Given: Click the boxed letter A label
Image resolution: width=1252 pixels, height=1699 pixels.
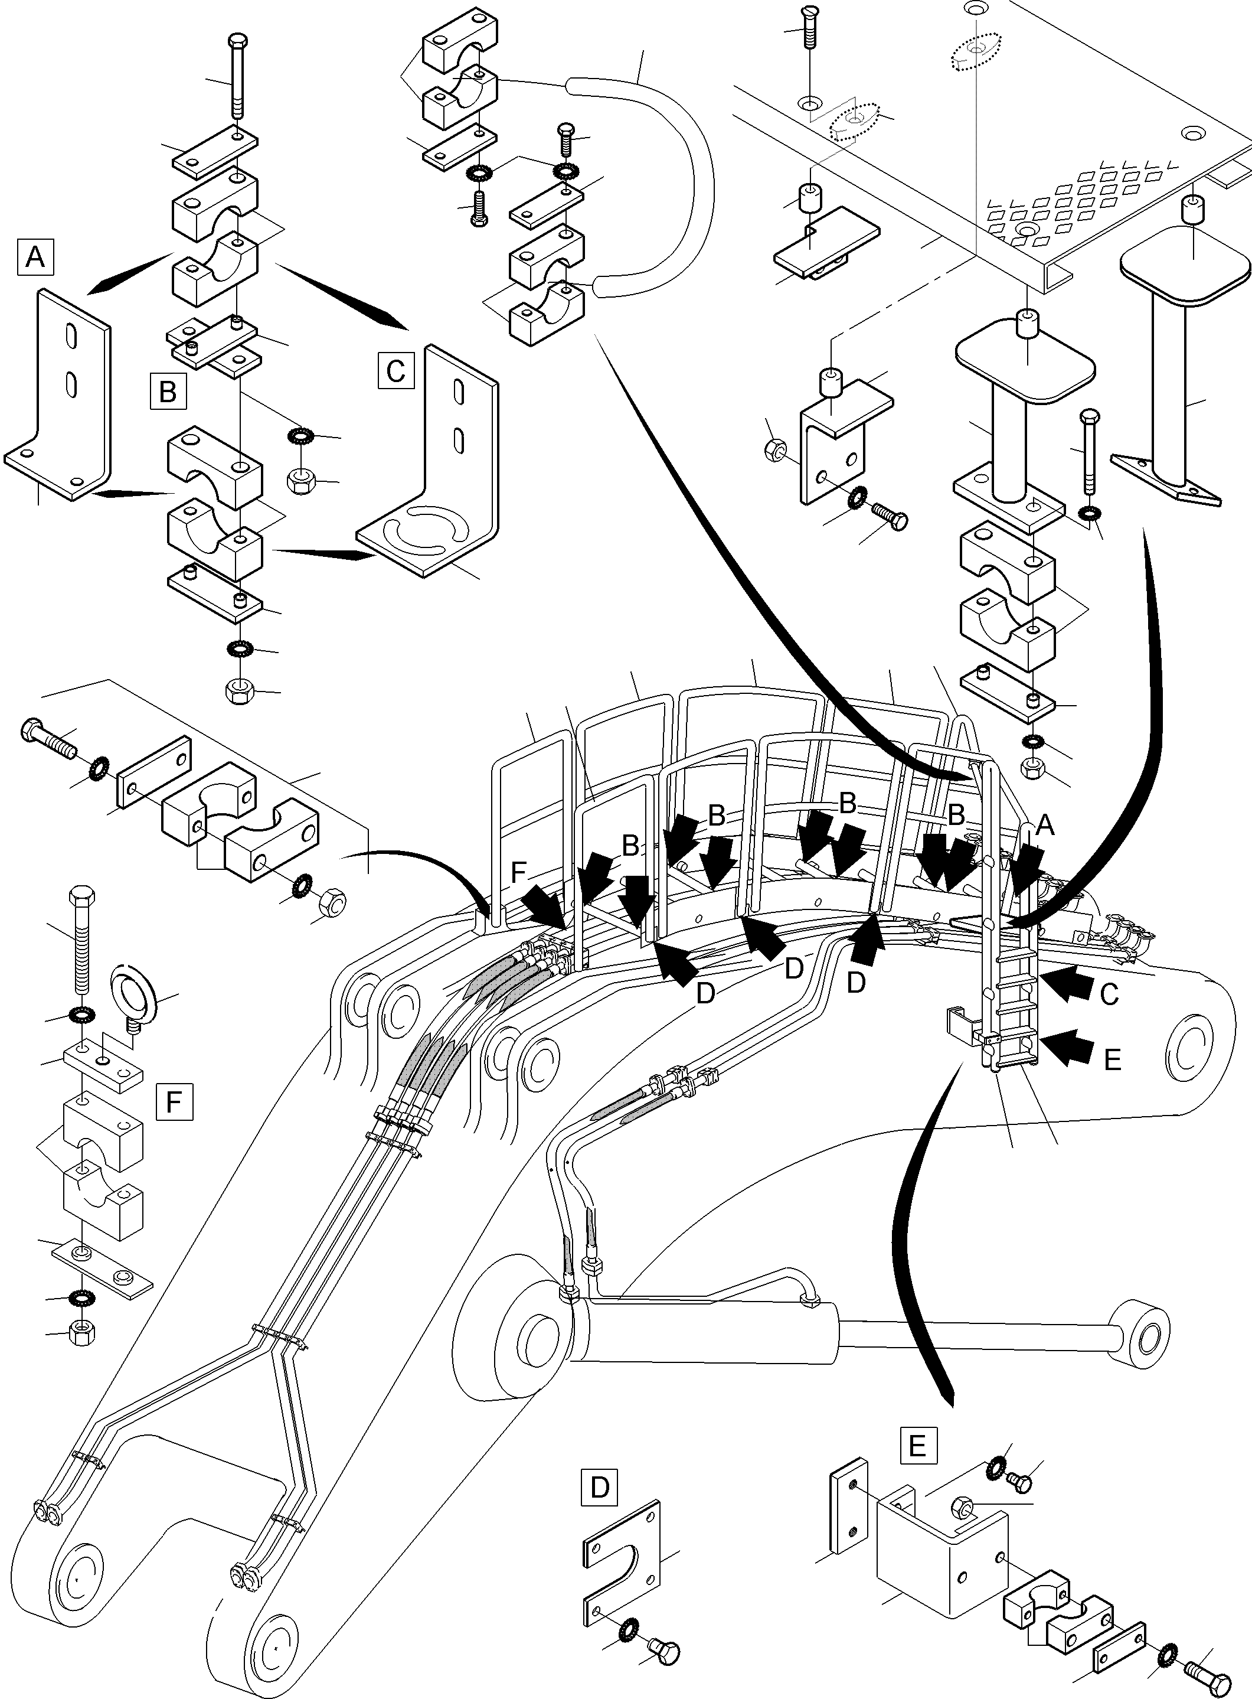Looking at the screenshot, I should [x=35, y=257].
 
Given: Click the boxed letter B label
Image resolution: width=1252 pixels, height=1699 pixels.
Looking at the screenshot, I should [x=168, y=392].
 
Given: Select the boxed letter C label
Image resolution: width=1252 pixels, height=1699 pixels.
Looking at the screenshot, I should [x=395, y=371].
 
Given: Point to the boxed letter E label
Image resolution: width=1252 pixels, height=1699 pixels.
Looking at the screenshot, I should [x=917, y=1446].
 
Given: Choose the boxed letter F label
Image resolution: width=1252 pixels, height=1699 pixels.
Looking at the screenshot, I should [x=174, y=1101].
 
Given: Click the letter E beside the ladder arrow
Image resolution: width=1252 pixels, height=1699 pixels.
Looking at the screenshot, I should [x=1112, y=1060].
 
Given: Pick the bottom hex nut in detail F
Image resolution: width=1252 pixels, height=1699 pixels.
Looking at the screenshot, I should [x=81, y=1333].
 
